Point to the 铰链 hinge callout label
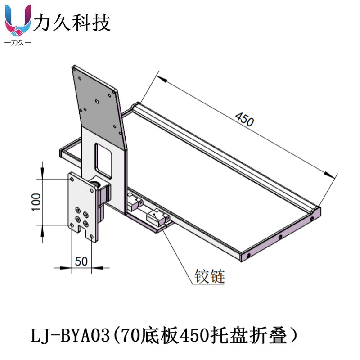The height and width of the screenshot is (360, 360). [x=209, y=275]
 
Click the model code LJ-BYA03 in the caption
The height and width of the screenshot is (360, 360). [x=69, y=336]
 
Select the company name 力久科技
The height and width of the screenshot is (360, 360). [x=72, y=22]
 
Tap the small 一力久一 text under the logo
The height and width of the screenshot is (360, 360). [x=17, y=43]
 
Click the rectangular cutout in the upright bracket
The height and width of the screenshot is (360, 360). [x=103, y=159]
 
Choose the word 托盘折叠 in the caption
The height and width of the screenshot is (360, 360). [x=250, y=336]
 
